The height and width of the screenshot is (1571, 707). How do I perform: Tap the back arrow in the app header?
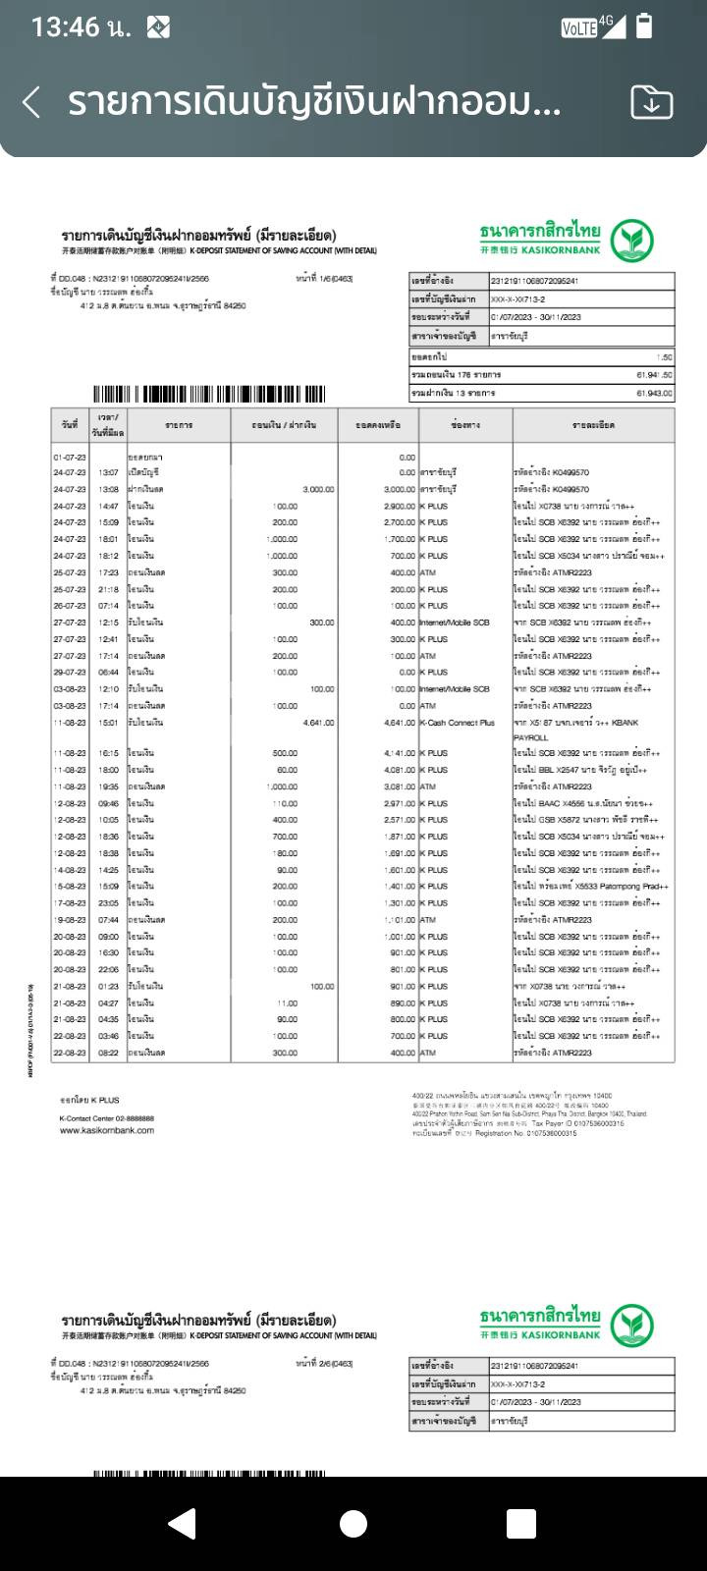pos(31,102)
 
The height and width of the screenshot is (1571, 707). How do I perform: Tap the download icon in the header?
pos(651,102)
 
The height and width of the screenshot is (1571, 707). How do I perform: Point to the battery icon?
pos(644,27)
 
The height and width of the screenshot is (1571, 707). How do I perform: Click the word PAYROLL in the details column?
pos(530,737)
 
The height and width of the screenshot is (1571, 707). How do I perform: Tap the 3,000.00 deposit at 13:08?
pos(318,489)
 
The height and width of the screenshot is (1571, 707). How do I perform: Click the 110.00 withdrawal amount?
pos(285,803)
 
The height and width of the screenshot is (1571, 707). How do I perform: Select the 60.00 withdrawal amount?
pos(287,770)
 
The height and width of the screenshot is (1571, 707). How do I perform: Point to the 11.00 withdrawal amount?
pos(287,1002)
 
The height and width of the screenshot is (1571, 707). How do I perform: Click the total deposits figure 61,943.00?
pos(654,393)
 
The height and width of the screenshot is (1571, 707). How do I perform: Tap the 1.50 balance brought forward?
pos(665,357)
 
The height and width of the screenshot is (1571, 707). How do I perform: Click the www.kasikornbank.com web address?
pos(107,1130)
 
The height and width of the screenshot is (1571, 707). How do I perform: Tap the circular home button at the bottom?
pos(353,1523)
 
